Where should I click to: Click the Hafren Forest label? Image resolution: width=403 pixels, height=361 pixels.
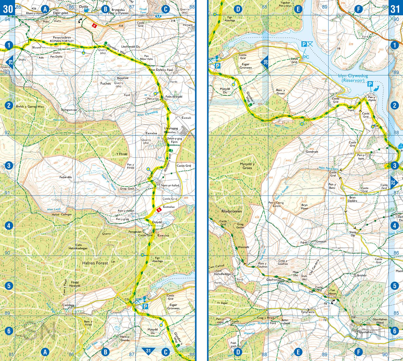[x=95, y=263]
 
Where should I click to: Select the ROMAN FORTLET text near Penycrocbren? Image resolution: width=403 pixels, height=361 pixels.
[x=62, y=41]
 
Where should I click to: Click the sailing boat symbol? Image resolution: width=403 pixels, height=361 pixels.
[x=401, y=146]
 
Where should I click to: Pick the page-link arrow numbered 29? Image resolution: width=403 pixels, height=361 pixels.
[x=10, y=62]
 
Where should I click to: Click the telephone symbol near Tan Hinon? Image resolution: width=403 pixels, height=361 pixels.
[x=333, y=302]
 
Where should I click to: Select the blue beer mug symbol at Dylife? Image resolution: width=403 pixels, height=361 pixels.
[x=86, y=10]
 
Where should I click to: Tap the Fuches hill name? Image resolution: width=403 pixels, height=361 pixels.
[x=105, y=84]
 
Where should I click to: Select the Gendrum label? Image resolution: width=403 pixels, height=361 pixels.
[x=312, y=152]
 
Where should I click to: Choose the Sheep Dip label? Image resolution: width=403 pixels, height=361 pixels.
[x=352, y=234]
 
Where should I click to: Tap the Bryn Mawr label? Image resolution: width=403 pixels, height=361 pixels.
[x=304, y=207]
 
